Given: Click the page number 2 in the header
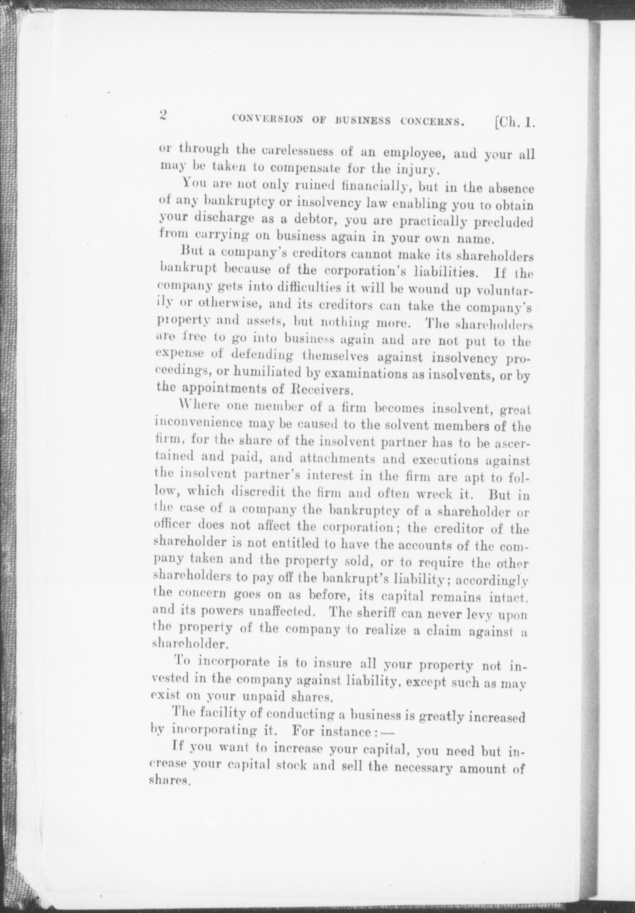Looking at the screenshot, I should pos(162,115).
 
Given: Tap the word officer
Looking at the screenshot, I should pos(173,524).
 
